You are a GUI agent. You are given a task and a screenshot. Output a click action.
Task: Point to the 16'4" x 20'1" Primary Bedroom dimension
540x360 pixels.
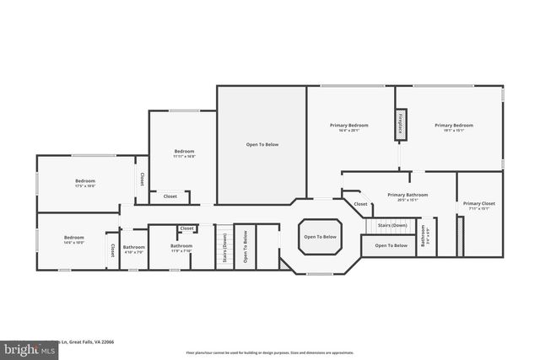[x=348, y=131]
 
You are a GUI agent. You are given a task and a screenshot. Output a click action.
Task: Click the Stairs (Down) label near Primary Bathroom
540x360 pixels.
[x=392, y=226]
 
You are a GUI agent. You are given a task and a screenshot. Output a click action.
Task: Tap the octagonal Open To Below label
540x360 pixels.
[x=320, y=237]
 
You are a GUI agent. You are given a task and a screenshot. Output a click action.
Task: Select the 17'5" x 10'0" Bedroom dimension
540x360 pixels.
[x=85, y=186]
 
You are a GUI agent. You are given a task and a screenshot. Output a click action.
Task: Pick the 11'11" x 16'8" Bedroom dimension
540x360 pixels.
[x=184, y=156]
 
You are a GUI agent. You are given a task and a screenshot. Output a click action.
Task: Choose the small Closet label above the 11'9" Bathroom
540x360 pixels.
[x=186, y=228]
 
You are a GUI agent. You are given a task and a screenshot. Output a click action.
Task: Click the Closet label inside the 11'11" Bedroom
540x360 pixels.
[x=170, y=196]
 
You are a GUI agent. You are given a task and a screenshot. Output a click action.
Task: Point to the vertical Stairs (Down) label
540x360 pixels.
[x=224, y=248]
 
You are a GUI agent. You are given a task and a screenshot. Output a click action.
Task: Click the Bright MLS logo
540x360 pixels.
[x=25, y=348]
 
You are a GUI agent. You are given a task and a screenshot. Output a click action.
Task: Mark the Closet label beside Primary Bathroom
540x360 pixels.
[x=360, y=204]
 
